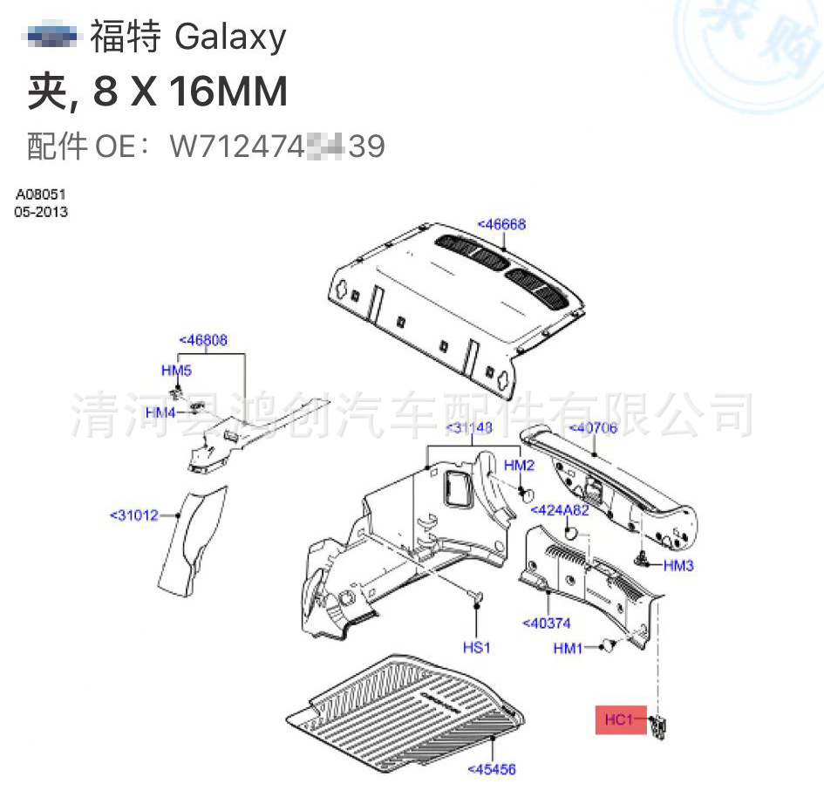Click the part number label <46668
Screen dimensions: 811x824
pyautogui.click(x=501, y=224)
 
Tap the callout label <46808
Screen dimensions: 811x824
pyautogui.click(x=203, y=340)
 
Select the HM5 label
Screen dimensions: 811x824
pyautogui.click(x=176, y=371)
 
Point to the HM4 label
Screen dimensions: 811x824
pyautogui.click(x=160, y=412)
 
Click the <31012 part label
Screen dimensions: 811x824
pyautogui.click(x=134, y=515)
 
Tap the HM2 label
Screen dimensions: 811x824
pyautogui.click(x=519, y=467)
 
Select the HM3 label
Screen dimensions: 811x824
pyautogui.click(x=678, y=565)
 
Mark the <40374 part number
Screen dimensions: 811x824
pyautogui.click(x=546, y=623)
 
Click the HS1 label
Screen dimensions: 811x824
pyautogui.click(x=477, y=648)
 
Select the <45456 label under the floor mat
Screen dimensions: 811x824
pyautogui.click(x=492, y=769)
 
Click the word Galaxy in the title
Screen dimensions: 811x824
pyautogui.click(x=230, y=37)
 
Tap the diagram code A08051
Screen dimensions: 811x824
pyautogui.click(x=40, y=194)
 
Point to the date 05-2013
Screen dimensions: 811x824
pyautogui.click(x=40, y=212)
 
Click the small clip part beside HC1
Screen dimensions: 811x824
pyautogui.click(x=658, y=725)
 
